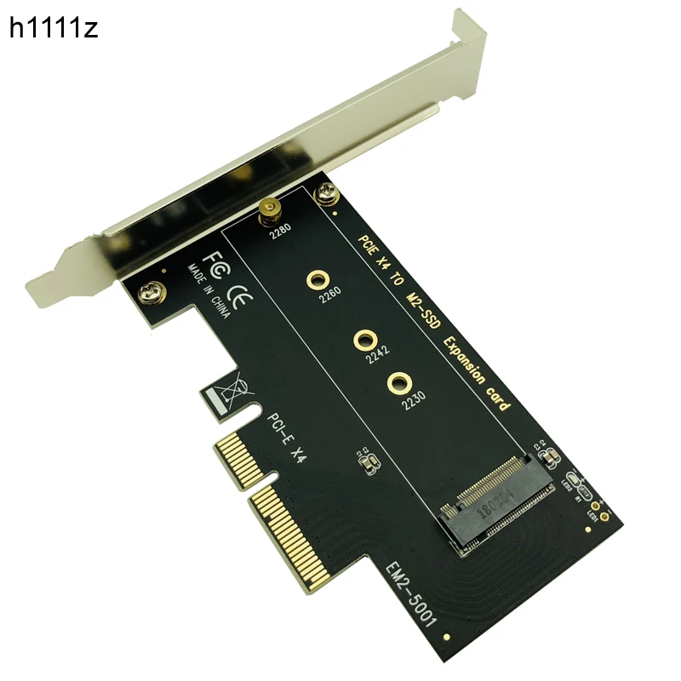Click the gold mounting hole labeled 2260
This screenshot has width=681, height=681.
coord(318,278)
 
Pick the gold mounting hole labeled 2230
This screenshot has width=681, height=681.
coord(398,382)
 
